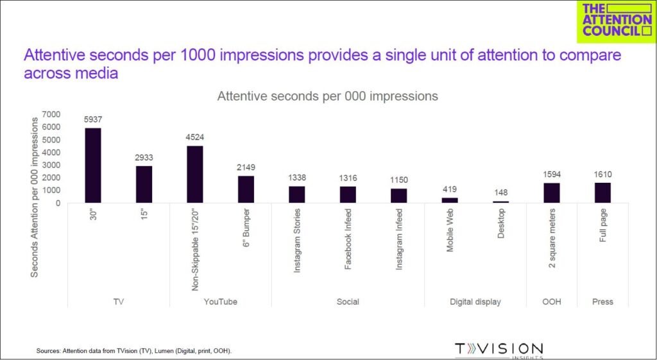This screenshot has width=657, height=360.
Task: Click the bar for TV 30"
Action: (x=93, y=166)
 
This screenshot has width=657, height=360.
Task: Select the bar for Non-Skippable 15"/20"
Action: (x=195, y=175)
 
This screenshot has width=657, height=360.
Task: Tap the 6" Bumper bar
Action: (x=246, y=189)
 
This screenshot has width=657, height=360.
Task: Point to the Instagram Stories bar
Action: (x=296, y=194)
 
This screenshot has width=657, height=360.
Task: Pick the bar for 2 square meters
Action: (x=552, y=193)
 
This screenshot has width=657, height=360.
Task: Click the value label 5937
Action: (x=93, y=119)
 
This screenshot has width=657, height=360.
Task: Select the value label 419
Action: (x=450, y=189)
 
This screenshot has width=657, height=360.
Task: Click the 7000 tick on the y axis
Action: (x=51, y=114)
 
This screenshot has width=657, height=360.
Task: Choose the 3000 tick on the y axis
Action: (x=51, y=165)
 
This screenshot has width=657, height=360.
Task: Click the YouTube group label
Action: (x=220, y=302)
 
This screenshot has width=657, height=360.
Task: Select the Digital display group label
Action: (x=475, y=302)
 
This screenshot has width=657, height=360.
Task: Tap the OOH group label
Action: (x=551, y=302)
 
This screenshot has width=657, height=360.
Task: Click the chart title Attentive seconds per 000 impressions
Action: (x=327, y=96)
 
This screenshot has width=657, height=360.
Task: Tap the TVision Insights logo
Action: (x=499, y=350)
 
